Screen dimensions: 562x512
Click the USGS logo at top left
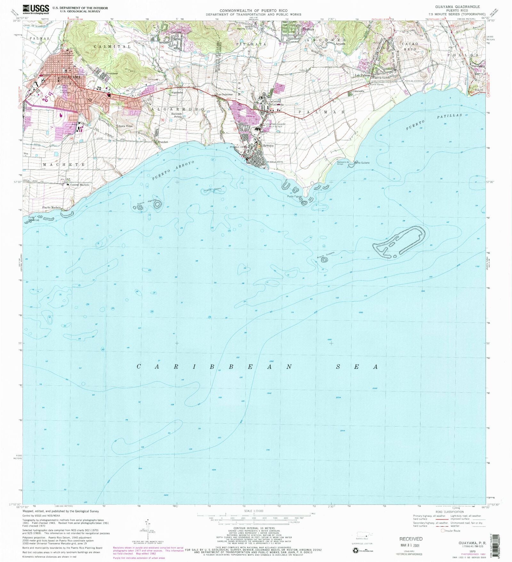36,9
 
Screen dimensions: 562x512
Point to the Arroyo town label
268,145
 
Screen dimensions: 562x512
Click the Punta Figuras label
294,196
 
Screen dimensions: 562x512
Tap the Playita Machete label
52,207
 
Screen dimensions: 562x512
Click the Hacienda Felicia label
178,115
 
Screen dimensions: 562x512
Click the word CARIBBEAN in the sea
214,367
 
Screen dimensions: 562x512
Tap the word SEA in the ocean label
356,367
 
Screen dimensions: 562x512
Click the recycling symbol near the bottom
356,550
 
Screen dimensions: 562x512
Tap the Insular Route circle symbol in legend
443,531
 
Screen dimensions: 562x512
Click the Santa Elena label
125,126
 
